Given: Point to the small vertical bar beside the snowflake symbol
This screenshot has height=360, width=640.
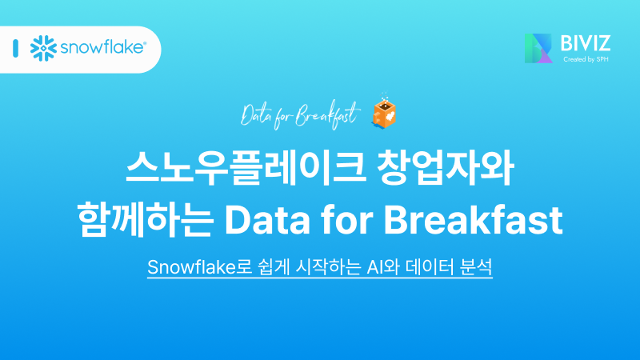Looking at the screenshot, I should (16, 48).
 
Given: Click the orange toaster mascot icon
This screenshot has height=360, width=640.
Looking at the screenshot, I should (386, 114).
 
